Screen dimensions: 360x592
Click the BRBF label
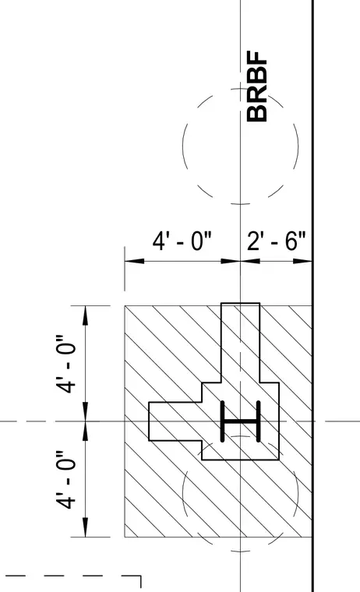coord(257,86)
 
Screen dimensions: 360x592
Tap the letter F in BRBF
coord(257,58)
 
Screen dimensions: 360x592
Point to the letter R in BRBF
coord(257,96)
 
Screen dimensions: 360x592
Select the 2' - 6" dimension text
coord(276,241)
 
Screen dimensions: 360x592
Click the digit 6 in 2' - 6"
coord(291,241)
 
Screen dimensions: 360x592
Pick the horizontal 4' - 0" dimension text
coord(182,241)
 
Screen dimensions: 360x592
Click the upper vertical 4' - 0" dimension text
coord(66,363)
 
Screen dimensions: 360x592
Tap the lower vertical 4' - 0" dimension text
coord(66,480)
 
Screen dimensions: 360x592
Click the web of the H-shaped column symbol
coord(241,421)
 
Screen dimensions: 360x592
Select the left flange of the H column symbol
coord(223,421)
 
